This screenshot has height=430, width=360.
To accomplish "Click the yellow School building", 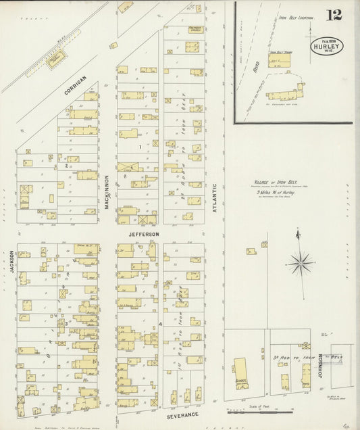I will [x=240, y=374].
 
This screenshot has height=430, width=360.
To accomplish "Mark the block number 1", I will [x=140, y=147].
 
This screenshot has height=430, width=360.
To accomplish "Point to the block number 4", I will [x=159, y=325].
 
